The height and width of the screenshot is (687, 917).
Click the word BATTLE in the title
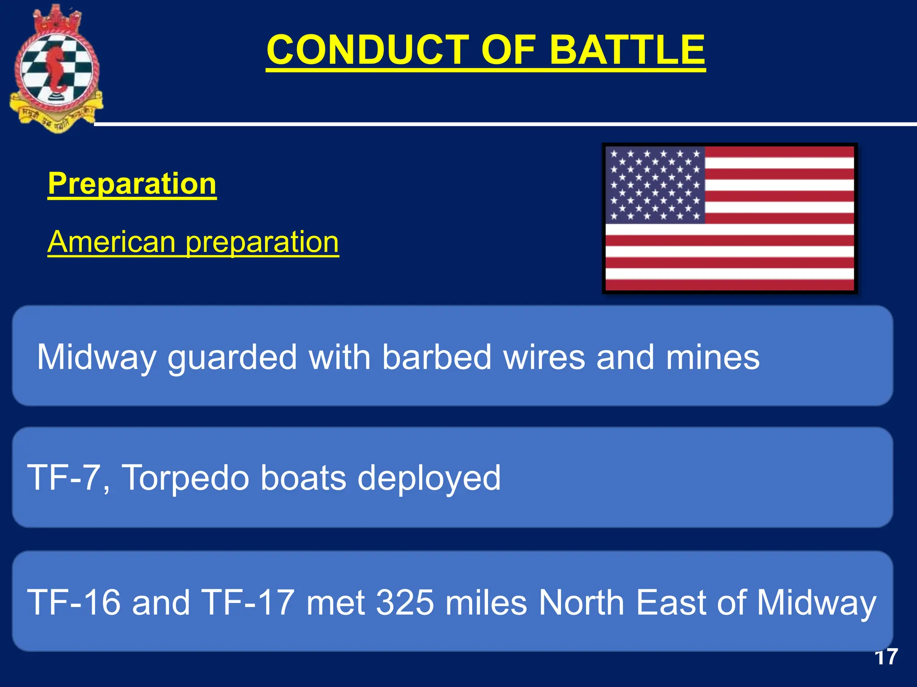tap(627, 50)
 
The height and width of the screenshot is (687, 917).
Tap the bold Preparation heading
tap(132, 183)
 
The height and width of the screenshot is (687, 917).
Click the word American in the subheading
tap(111, 242)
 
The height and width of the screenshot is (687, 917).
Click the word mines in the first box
tap(712, 357)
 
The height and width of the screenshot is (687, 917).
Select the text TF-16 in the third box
tap(74, 602)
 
